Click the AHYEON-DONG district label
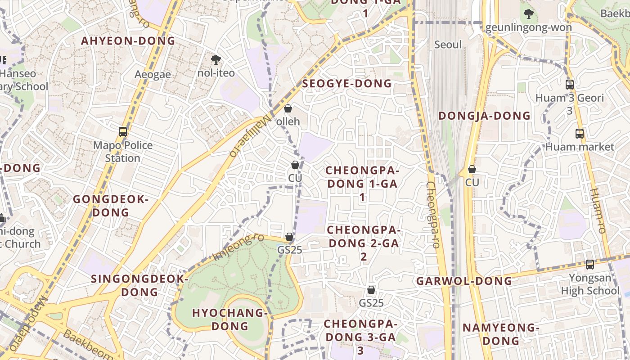click(x=128, y=41)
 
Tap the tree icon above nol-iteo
click(x=216, y=59)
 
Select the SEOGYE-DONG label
click(x=347, y=84)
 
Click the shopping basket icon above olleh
click(x=288, y=108)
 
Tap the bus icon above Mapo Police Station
click(x=123, y=132)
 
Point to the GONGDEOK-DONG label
click(x=111, y=206)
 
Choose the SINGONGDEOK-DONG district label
click(x=139, y=285)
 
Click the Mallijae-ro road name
click(x=252, y=135)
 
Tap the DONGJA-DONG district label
click(x=485, y=116)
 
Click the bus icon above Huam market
click(x=580, y=134)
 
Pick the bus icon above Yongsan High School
click(x=590, y=265)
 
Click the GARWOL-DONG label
click(x=464, y=281)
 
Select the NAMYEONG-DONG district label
click(x=501, y=334)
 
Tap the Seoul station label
click(x=448, y=45)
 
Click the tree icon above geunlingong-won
click(x=529, y=14)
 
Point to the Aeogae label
click(x=153, y=75)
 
